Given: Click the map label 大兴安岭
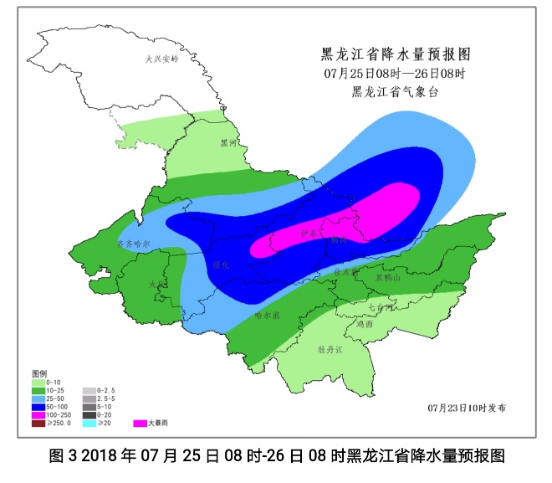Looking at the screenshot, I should [162, 60].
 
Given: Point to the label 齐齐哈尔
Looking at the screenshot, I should [133, 244].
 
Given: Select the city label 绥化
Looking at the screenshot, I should [221, 265].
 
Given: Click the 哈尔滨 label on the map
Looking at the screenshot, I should [267, 316].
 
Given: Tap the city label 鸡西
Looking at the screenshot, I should [363, 324].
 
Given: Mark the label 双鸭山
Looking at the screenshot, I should [389, 277].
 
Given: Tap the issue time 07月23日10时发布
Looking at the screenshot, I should [466, 408].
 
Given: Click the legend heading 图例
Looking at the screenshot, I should [39, 372].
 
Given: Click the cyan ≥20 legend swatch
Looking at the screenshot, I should [89, 423].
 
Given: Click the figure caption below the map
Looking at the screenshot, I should [276, 457].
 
